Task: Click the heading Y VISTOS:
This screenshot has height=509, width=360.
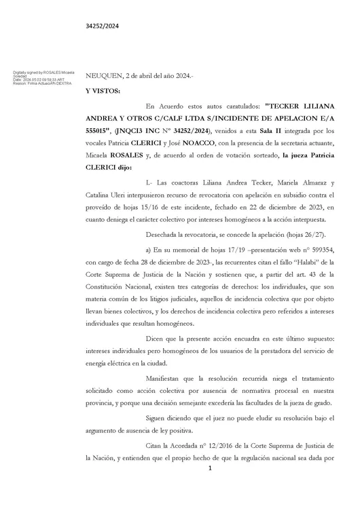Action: [x=103, y=90]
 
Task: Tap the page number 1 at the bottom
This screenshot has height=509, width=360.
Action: [x=211, y=488]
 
